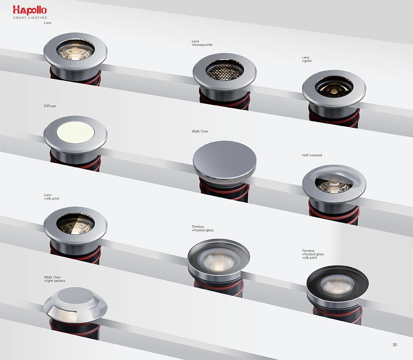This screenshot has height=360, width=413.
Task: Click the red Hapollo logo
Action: [x=30, y=10]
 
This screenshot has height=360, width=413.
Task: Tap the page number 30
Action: [x=395, y=345]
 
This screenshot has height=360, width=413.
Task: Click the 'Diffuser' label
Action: [x=50, y=106]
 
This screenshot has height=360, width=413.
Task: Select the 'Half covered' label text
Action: [x=312, y=155]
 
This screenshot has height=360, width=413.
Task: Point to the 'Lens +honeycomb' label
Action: [x=202, y=43]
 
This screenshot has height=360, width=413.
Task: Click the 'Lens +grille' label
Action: [x=307, y=59]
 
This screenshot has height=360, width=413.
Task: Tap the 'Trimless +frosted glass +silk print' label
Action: [x=313, y=254]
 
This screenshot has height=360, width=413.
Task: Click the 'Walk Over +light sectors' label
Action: [x=55, y=279]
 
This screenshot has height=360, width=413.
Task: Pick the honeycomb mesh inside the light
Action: [x=225, y=71]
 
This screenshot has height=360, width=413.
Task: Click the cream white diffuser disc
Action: [x=76, y=132]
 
